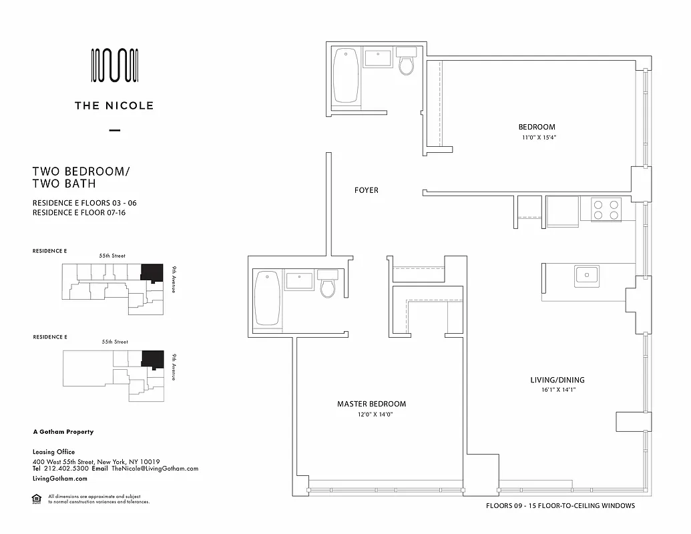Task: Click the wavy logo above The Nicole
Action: [114, 65]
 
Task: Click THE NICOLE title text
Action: [114, 105]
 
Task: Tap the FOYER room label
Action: [366, 190]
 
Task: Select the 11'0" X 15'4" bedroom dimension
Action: [539, 138]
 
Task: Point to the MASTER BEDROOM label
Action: [371, 404]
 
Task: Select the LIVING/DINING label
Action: [557, 380]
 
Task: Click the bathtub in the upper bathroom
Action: [346, 76]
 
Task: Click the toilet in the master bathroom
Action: [327, 284]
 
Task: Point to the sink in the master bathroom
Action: [299, 280]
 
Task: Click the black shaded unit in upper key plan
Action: [152, 272]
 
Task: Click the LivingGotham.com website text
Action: [60, 479]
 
